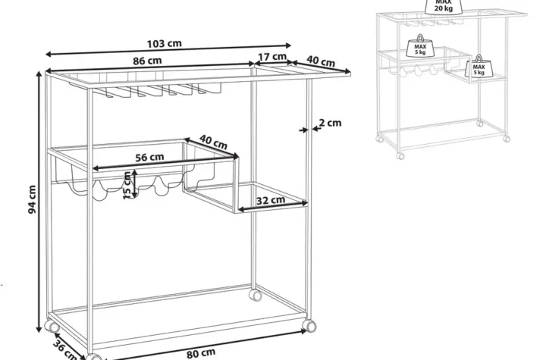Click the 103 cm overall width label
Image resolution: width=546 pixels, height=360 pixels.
click(164, 43)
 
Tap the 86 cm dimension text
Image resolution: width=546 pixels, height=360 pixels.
click(147, 61)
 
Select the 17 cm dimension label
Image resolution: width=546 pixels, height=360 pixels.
click(272, 56)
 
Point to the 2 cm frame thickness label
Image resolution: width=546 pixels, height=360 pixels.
click(330, 123)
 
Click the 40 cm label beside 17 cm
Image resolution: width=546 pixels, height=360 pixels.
click(321, 61)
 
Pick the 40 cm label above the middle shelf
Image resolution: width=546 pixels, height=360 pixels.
click(213, 142)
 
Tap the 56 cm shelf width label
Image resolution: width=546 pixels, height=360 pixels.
click(149, 157)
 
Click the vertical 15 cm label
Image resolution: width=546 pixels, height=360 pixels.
click(127, 185)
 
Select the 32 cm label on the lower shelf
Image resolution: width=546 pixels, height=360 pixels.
click(271, 200)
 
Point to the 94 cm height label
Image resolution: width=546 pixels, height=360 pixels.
click(32, 199)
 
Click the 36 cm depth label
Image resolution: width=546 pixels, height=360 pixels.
click(65, 350)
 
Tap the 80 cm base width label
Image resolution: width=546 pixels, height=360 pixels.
click(200, 353)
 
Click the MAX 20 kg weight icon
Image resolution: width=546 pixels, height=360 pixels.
click(444, 6)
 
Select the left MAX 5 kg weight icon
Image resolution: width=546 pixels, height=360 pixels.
click(420, 46)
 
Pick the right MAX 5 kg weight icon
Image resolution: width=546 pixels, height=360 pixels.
click(479, 67)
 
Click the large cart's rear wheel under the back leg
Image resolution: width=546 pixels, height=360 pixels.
click(256, 296)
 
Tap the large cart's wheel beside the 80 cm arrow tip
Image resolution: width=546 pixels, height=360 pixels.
click(309, 326)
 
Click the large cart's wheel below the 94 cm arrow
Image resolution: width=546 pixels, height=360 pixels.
click(52, 326)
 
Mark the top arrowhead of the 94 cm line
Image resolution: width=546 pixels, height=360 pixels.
click(39, 74)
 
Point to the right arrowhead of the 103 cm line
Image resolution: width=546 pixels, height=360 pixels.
click(287, 45)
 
